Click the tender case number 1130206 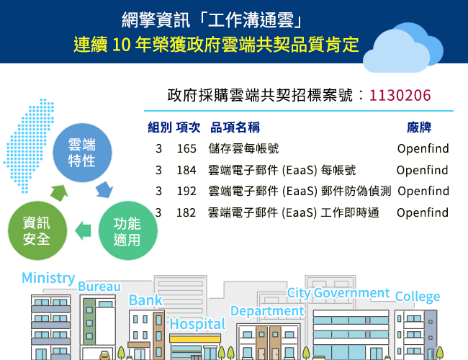[400, 96]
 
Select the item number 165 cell [186, 148]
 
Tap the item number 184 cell [186, 170]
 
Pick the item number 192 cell [186, 191]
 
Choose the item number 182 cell [186, 212]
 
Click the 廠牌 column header [419, 127]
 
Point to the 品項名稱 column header [235, 127]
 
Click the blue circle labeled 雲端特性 [82, 153]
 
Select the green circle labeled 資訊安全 [37, 230]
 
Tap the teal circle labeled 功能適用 [128, 230]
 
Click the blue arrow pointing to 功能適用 [104, 189]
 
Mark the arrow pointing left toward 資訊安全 [83, 230]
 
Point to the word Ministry [48, 278]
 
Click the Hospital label [197, 325]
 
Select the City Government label [338, 293]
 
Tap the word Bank [145, 300]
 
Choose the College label [418, 297]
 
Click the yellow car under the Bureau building [105, 355]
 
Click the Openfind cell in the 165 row [423, 148]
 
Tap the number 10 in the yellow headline [122, 45]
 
